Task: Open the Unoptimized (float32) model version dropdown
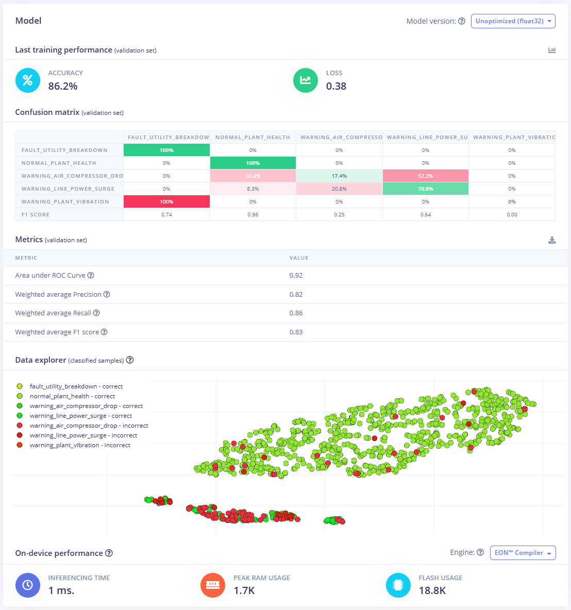pyautogui.click(x=513, y=21)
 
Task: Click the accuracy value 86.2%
pyautogui.click(x=63, y=86)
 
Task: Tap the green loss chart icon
pyautogui.click(x=305, y=80)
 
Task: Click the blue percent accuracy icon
pyautogui.click(x=28, y=80)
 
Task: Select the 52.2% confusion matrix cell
pyautogui.click(x=426, y=176)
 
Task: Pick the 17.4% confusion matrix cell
pyautogui.click(x=339, y=176)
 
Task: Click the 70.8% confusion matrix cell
pyautogui.click(x=426, y=189)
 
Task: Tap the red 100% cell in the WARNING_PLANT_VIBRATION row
pyautogui.click(x=166, y=201)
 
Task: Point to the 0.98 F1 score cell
pyautogui.click(x=253, y=214)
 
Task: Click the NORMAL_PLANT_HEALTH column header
pyautogui.click(x=253, y=138)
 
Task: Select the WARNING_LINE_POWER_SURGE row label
pyautogui.click(x=68, y=189)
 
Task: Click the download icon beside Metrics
pyautogui.click(x=552, y=240)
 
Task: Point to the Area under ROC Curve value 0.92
pyautogui.click(x=296, y=276)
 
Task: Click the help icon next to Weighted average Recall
pyautogui.click(x=96, y=313)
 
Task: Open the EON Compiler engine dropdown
pyautogui.click(x=523, y=553)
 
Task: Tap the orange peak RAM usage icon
pyautogui.click(x=213, y=585)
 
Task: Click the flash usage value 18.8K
pyautogui.click(x=432, y=590)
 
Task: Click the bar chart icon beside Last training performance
pyautogui.click(x=552, y=50)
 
